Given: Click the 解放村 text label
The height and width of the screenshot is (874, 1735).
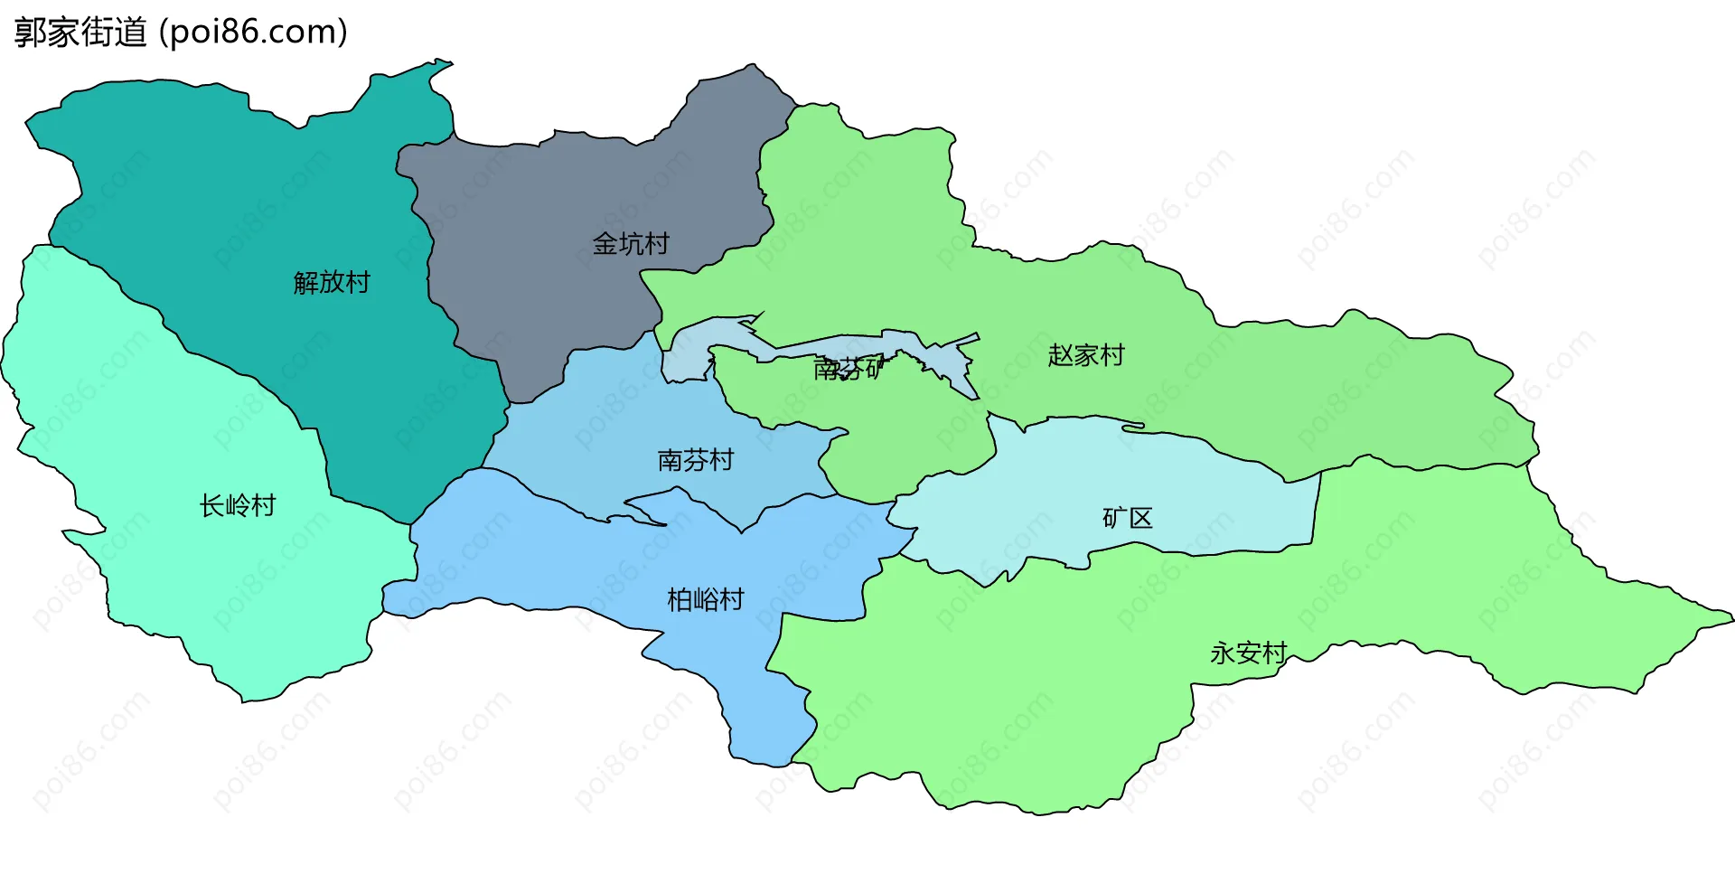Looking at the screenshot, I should pos(332,283).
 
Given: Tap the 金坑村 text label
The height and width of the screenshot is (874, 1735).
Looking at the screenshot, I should pos(631,244).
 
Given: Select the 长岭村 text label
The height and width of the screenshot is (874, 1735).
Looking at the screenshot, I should pos(238,506).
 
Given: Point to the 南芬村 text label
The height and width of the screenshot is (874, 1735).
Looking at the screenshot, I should pos(695,461).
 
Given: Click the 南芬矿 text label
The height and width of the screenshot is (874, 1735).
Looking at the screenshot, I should pos(848,368).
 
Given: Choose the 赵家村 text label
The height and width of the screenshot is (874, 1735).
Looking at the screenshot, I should pos(1086,356).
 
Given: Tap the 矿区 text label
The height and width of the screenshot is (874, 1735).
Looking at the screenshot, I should pos(1128,519).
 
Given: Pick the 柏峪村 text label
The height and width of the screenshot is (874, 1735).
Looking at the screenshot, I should pos(705,600).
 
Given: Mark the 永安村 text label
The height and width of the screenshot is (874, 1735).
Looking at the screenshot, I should pos(1248,653).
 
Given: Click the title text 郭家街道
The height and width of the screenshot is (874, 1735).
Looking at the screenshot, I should pos(80,33).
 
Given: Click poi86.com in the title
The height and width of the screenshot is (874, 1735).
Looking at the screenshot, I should pos(253,33).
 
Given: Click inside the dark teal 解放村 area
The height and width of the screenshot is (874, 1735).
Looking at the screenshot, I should pos(271,199).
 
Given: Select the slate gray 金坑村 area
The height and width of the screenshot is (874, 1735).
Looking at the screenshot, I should pos(542,298).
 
